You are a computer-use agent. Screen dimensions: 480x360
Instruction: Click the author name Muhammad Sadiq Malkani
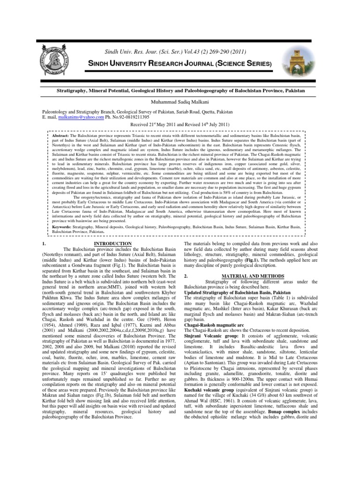click(x=180, y=100)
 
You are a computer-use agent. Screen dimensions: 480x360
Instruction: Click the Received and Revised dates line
click(x=180, y=125)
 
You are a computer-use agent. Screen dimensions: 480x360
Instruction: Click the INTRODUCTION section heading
click(x=112, y=244)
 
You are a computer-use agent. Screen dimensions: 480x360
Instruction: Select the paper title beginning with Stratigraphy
click(x=180, y=89)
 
